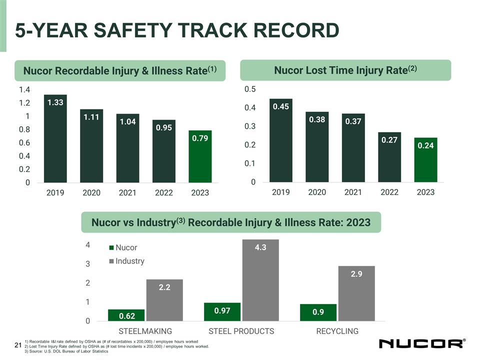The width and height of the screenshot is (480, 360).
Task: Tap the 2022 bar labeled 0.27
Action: coord(389,157)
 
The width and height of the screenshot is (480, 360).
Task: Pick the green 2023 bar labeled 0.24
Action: coord(425,159)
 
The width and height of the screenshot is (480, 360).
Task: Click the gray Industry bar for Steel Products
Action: coord(260,280)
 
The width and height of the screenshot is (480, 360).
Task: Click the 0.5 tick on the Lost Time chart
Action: coord(250,89)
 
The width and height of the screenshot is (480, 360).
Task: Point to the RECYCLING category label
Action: coord(337,331)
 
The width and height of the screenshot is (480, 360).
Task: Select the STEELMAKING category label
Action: coord(145,331)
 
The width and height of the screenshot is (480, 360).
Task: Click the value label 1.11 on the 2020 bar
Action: coord(91,117)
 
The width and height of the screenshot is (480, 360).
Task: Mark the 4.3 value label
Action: coord(260,247)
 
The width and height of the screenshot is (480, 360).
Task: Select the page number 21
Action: coord(18,345)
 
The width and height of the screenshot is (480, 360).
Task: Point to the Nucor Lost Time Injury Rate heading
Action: coord(345,70)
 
